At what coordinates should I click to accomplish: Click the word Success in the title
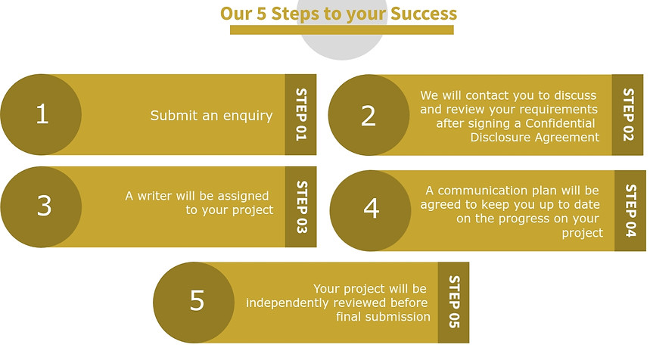coord(423,14)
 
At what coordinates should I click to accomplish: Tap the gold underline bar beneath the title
coord(341,29)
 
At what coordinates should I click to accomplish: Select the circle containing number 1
coord(41,115)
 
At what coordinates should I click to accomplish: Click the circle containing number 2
coord(369,115)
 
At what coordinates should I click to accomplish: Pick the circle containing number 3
coord(41,207)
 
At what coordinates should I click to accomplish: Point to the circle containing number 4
coord(371,210)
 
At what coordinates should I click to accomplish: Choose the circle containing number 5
coord(194,303)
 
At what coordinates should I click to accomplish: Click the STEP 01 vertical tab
coord(300,115)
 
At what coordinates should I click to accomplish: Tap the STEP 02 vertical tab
coord(627,115)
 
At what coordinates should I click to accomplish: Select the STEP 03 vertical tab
coord(301,207)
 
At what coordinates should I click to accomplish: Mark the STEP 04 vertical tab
coord(630,210)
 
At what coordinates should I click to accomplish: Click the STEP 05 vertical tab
coord(453,303)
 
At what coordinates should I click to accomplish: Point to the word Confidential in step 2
coord(560,123)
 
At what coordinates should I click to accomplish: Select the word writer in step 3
coord(155,196)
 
